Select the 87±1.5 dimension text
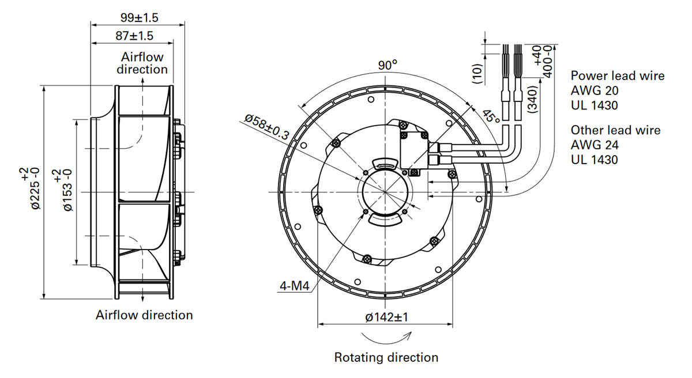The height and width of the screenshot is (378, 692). coord(134,36)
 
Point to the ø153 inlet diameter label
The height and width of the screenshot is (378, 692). coord(67,190)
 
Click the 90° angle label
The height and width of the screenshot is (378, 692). coord(388,65)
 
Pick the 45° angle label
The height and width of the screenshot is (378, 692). coord(491,117)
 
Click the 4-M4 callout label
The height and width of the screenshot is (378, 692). coord(294,286)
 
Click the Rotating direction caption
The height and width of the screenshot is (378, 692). coord(386,357)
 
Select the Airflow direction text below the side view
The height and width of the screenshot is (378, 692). coord(144,315)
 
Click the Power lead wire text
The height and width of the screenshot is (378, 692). coord(617,76)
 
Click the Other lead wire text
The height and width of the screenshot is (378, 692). coord(615,130)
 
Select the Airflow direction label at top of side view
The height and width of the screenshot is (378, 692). coord(142,63)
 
